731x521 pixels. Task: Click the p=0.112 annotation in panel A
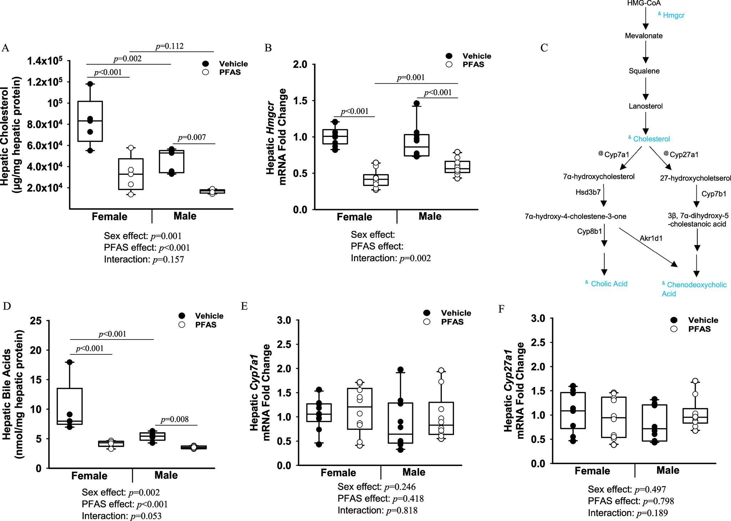point(170,46)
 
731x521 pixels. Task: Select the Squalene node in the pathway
point(644,71)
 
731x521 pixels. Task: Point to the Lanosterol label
point(645,106)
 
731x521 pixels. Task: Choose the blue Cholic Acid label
point(609,284)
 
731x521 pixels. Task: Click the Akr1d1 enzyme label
point(651,238)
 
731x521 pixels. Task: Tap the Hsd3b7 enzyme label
point(588,192)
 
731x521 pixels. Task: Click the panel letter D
point(6,306)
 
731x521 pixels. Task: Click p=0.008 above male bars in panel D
point(175,419)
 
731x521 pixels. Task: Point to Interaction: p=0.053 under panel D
point(121,516)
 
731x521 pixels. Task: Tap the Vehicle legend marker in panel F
point(674,320)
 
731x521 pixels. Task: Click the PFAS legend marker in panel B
point(449,64)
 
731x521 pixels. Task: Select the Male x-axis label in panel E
point(414,472)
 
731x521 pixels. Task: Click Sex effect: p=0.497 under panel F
point(627,489)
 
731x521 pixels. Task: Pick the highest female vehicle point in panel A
point(90,84)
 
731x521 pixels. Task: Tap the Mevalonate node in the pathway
point(644,36)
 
